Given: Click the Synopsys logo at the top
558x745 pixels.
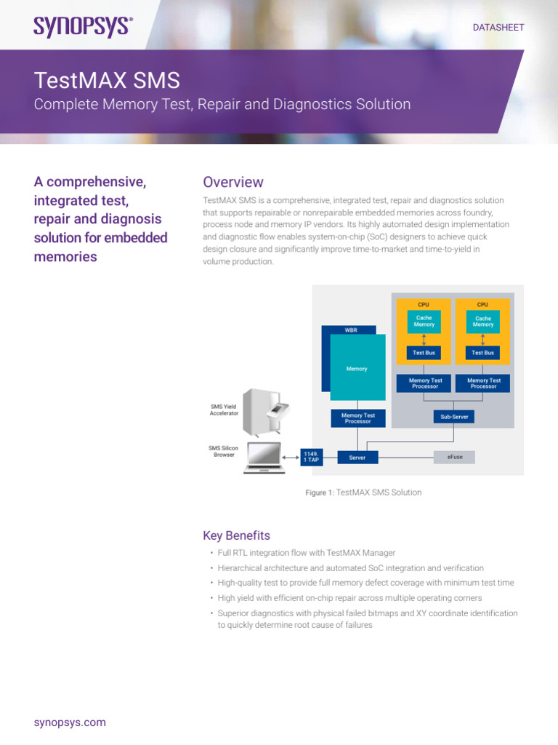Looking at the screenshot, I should [x=83, y=26].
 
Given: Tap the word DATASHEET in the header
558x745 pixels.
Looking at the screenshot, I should [x=498, y=27].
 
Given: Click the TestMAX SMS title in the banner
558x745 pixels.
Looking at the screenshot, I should [x=107, y=80].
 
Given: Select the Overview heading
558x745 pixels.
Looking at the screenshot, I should [x=232, y=182].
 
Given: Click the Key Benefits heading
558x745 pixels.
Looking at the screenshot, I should [x=236, y=535].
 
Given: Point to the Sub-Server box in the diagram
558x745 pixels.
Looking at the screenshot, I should [x=454, y=417].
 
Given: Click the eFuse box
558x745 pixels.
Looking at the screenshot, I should [x=454, y=457].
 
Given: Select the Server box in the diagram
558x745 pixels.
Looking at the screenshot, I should [x=357, y=457].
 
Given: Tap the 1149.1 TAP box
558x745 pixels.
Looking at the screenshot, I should [x=311, y=457].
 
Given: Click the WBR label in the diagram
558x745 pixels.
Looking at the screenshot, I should [x=350, y=330].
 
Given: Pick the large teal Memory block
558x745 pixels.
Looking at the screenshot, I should [x=357, y=368].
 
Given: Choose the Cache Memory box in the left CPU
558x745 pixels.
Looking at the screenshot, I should [x=424, y=322].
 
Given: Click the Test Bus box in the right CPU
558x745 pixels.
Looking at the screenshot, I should [x=482, y=353].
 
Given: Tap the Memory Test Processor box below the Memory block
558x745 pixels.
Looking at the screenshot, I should [x=357, y=418].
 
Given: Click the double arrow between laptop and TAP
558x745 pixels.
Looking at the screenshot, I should [x=291, y=458].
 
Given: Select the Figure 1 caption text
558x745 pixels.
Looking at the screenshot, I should [x=363, y=493].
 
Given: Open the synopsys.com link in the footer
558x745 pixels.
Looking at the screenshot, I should [x=70, y=722].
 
